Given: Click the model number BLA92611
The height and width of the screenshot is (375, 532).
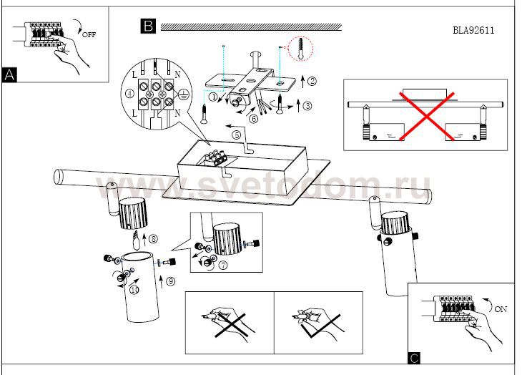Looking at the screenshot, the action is pos(473,30).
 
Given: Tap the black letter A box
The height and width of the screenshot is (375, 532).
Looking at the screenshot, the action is pos(9,74).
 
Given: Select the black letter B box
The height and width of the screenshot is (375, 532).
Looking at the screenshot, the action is pos(148,26).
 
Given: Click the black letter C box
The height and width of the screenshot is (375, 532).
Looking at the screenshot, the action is pos(414,358).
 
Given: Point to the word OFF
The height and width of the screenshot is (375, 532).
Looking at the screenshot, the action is pos(89,34).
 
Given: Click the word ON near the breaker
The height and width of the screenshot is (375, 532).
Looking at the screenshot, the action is pos(501,309).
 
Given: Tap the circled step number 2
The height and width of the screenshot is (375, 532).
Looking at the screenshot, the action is pos(312,81).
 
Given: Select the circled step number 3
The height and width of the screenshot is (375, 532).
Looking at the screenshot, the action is pos(307,106).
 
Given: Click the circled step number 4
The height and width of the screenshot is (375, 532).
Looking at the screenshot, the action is pos(130,94).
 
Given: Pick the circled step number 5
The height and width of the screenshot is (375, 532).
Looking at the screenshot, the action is pos(237,135).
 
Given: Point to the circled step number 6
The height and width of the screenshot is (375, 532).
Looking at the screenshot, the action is pos(253,119).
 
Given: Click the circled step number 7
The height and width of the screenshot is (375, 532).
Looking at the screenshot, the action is pos(223,265).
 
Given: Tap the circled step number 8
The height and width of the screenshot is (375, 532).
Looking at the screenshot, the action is pos(153,239).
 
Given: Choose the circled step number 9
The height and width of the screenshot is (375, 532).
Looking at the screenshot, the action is pos(171,281).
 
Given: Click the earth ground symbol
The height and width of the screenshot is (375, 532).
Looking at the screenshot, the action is pos(183,94).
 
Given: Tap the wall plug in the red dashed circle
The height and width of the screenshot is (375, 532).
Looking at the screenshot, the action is pos(300,49).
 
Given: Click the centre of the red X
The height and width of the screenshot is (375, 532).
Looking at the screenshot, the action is pos(426,116).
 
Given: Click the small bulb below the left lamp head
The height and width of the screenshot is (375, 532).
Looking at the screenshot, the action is pos(136,240).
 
